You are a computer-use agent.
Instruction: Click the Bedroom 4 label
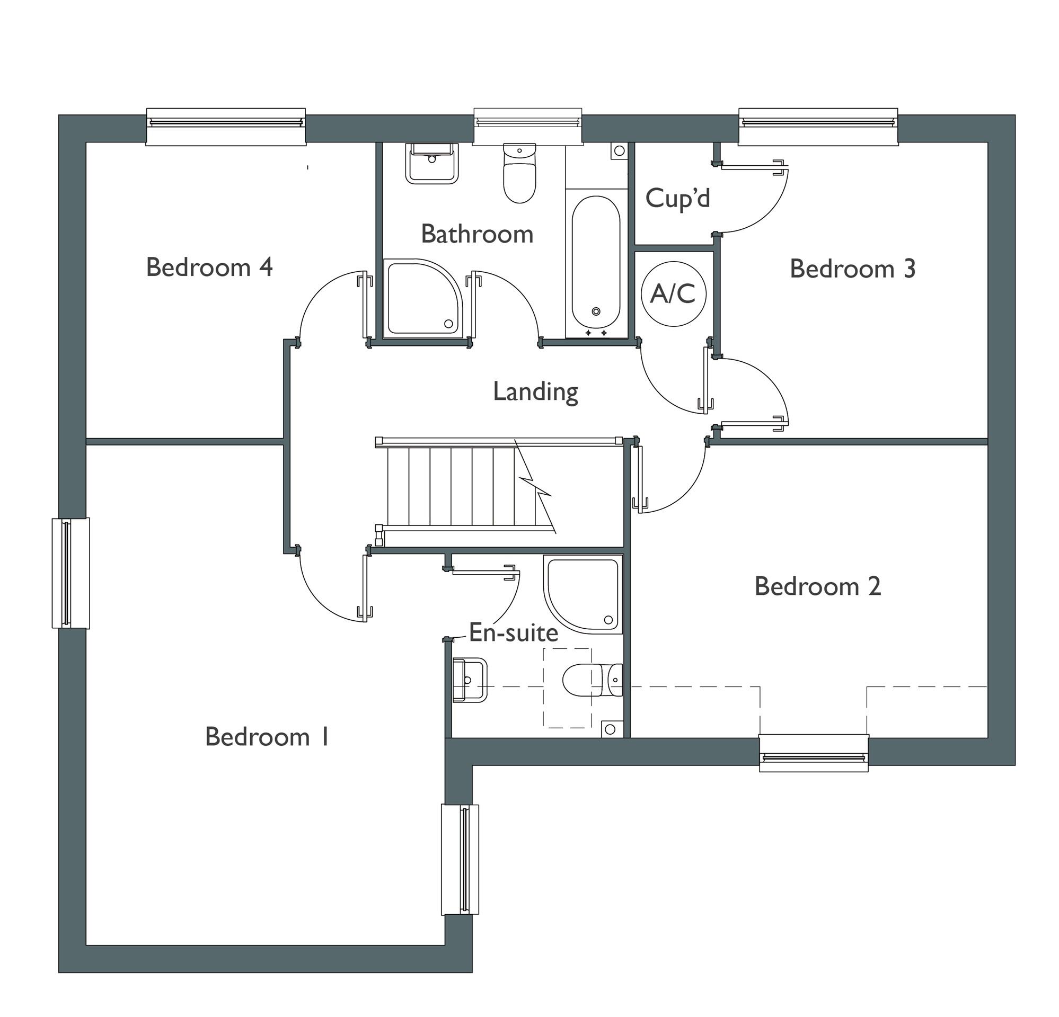coord(209,268)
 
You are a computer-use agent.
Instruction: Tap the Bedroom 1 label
coord(267,737)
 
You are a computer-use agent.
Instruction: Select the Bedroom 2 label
coord(817,586)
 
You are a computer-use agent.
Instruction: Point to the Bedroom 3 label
coord(852,269)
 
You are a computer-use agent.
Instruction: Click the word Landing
coord(535,391)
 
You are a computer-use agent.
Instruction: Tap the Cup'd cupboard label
coord(677,199)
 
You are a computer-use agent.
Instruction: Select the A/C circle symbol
coord(673,294)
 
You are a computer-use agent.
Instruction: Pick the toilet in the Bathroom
coord(519,173)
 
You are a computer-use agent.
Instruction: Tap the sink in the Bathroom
coord(431,163)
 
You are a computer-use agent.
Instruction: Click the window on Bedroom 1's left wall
coord(71,573)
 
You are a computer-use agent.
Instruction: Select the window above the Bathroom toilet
coord(528,126)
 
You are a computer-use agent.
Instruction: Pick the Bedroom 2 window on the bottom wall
coord(813,753)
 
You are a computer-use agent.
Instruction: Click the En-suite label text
coord(513,633)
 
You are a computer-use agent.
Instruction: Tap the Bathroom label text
coord(476,235)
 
